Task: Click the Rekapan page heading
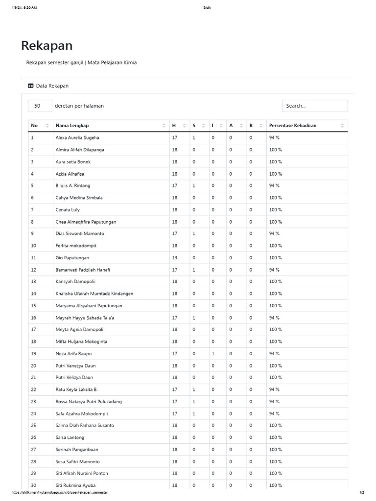tap(47, 46)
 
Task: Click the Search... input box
tap(314, 106)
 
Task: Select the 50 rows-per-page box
tap(40, 106)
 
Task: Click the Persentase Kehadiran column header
tap(292, 126)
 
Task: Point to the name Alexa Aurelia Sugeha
tap(77, 138)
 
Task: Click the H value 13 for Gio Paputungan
tap(175, 258)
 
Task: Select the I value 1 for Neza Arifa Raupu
tap(213, 354)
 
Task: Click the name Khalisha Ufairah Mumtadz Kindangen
tap(94, 294)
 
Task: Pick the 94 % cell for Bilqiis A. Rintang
tap(274, 186)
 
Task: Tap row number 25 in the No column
tap(34, 426)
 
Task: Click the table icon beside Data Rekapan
tap(31, 86)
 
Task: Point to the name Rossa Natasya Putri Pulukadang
tap(89, 402)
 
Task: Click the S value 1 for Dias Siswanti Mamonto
tap(194, 234)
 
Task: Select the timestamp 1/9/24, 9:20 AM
tap(24, 8)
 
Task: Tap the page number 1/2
tap(362, 492)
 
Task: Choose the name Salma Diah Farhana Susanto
tap(85, 426)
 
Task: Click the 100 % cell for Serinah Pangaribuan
tap(275, 450)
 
